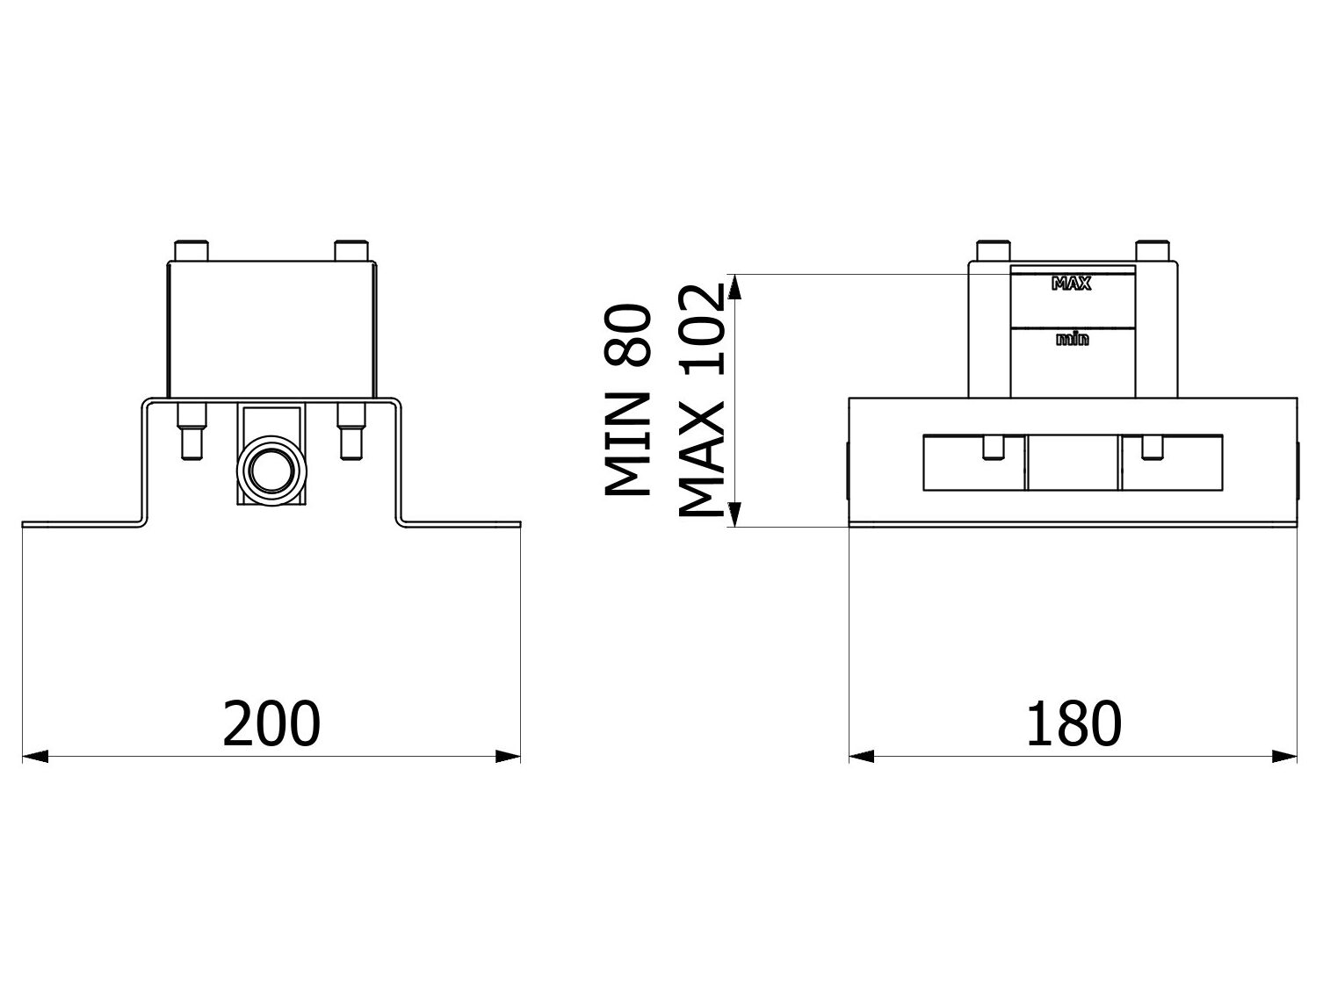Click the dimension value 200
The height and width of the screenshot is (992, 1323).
click(x=271, y=722)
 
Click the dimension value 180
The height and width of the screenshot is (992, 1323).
click(x=1074, y=722)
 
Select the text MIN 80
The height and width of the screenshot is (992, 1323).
click(x=629, y=401)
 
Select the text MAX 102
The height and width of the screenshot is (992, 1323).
click(x=702, y=401)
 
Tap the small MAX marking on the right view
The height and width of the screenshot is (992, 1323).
click(x=1072, y=284)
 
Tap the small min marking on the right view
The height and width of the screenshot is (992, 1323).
click(x=1072, y=339)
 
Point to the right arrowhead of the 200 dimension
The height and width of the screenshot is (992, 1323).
click(x=509, y=755)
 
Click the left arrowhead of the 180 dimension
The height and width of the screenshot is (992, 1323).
click(x=862, y=755)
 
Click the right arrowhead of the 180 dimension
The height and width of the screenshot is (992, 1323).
click(x=1284, y=755)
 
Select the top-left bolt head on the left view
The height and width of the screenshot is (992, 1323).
click(x=191, y=250)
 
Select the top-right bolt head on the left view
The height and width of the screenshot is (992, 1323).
click(x=351, y=250)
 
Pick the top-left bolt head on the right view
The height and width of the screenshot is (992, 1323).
click(x=994, y=250)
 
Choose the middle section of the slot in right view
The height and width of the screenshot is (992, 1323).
click(x=1073, y=462)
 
